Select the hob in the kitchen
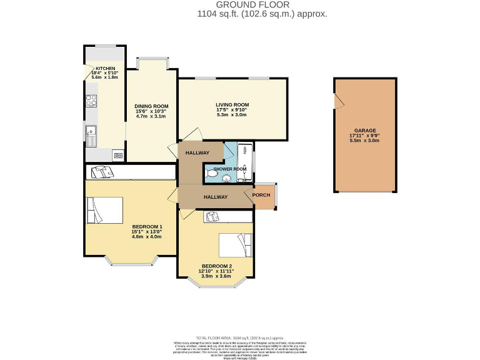91,101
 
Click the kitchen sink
91,131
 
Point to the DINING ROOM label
151,106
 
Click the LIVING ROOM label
232,104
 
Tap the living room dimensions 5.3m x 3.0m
232,115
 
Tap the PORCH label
261,194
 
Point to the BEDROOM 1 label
147,226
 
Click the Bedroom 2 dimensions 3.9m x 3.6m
215,276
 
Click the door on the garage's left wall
338,101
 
